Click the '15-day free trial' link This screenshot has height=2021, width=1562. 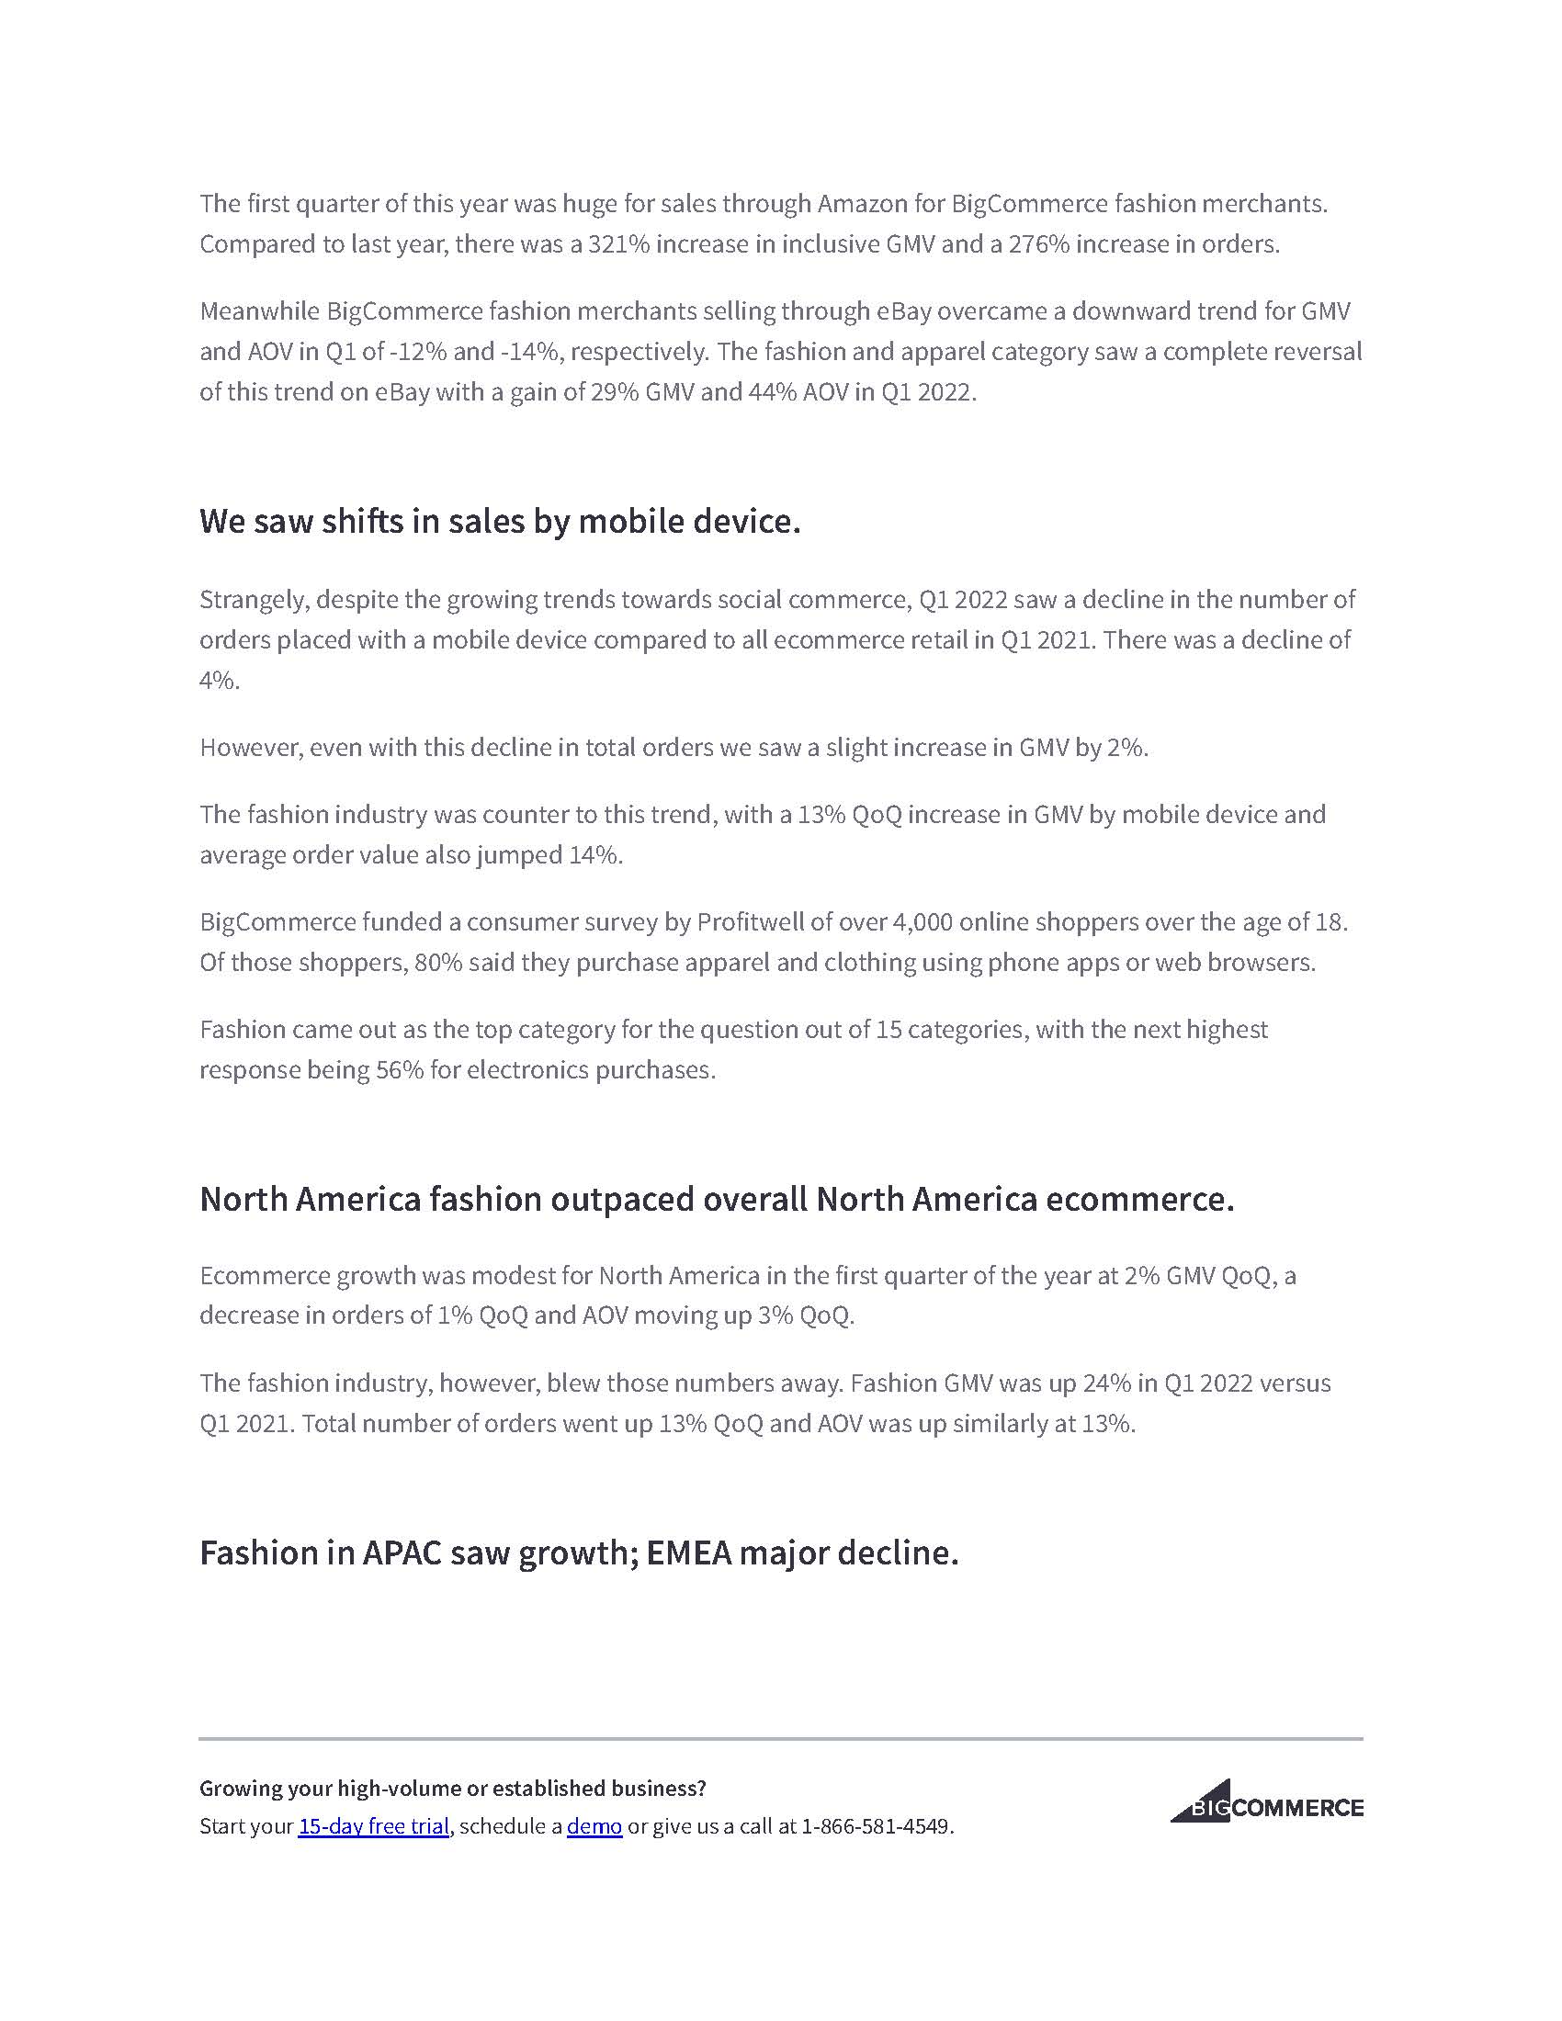click(373, 1825)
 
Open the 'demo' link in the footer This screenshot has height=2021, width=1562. click(594, 1825)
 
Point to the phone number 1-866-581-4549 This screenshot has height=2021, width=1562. click(876, 1825)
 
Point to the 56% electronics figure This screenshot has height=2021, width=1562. click(399, 1069)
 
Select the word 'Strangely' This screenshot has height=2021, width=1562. click(252, 600)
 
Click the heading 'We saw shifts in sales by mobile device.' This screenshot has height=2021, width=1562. click(500, 521)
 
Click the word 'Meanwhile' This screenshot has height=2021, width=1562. click(259, 310)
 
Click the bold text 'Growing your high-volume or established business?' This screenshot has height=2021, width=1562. click(452, 1788)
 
